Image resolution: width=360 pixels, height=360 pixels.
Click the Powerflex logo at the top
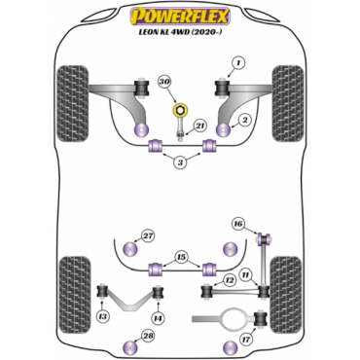coord(180,17)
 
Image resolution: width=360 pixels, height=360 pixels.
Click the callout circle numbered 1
coord(238,64)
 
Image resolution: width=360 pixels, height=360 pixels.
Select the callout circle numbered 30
coord(165,83)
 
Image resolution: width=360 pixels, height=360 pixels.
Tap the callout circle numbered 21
coord(200,126)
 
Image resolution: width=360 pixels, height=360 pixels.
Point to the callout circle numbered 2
coord(244,121)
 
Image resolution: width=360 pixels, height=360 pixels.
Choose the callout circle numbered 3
coord(180,162)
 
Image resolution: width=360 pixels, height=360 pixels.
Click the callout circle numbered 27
coord(148,236)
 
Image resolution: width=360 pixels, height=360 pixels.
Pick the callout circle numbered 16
coord(238,224)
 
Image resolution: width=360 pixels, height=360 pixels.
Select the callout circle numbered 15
coord(181,258)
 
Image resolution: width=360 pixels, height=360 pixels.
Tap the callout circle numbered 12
coord(230,279)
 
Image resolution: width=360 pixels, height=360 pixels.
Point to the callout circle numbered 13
coord(102,316)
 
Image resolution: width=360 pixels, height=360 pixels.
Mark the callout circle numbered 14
coord(158,319)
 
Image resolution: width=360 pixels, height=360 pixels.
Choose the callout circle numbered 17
coord(246,341)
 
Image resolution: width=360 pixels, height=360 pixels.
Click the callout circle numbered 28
coord(148,337)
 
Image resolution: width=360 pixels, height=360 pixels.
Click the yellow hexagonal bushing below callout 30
coord(180,111)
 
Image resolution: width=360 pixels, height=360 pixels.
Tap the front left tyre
coord(73,104)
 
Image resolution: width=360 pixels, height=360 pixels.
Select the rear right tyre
coord(286,294)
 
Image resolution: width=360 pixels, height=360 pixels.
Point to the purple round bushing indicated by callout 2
coord(223,130)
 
